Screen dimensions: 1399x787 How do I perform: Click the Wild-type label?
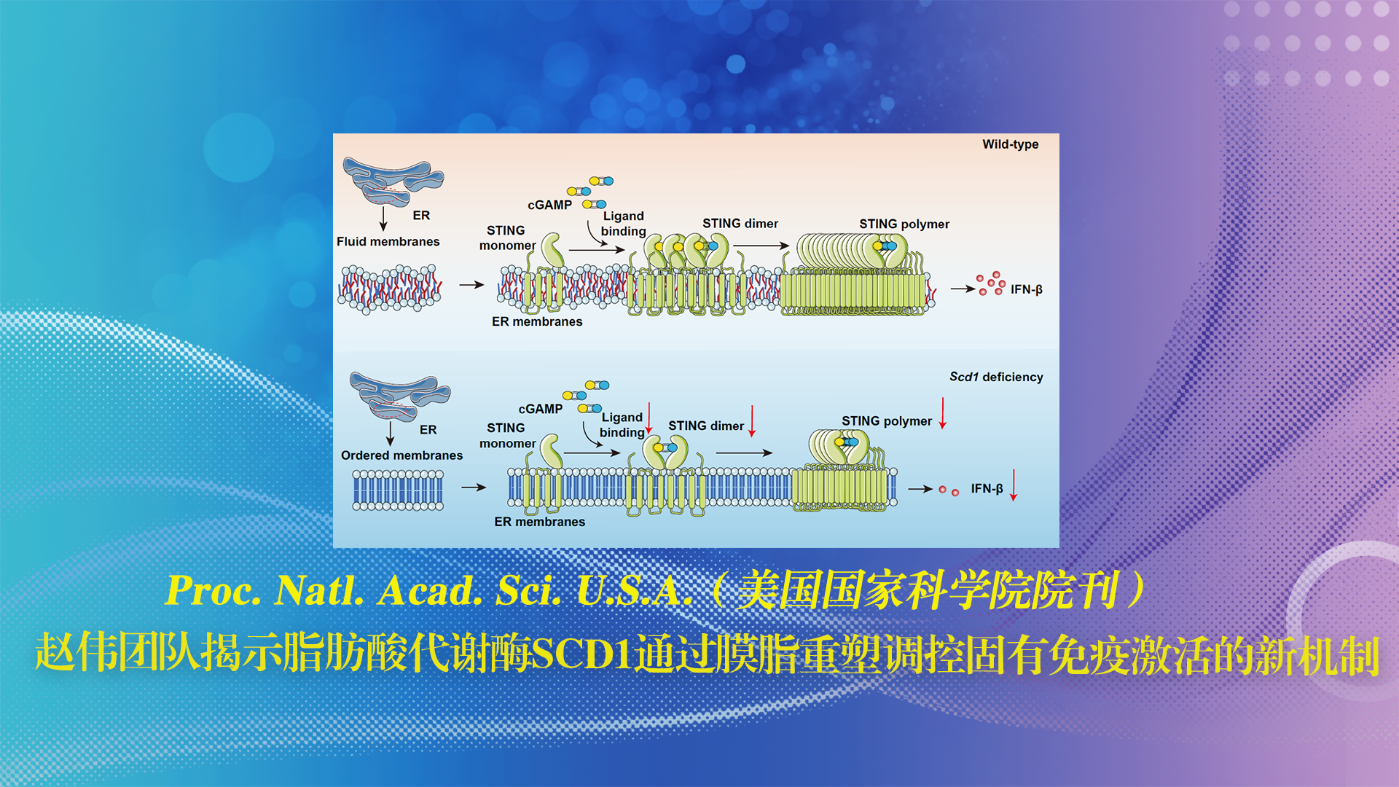1010,144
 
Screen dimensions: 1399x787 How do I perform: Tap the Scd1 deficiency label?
996,377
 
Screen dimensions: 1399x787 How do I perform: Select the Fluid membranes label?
388,241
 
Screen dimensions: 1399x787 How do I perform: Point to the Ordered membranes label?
401,455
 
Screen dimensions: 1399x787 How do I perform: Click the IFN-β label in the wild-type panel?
1026,289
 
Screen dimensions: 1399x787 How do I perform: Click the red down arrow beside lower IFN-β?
1013,485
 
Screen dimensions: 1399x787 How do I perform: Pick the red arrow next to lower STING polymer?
942,413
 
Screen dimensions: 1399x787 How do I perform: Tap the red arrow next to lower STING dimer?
752,421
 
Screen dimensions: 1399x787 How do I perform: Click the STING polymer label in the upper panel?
904,224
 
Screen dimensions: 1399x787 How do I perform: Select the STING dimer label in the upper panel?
740,223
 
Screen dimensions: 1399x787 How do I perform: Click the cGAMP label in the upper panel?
549,205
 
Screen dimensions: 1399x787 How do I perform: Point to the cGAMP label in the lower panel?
540,409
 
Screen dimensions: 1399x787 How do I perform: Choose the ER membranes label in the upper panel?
537,321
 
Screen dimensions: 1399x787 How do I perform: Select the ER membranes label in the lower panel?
539,522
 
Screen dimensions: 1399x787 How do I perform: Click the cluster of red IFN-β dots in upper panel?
991,283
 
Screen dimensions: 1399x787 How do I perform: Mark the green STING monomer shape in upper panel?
552,251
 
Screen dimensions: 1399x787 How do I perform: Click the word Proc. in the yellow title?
213,590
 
